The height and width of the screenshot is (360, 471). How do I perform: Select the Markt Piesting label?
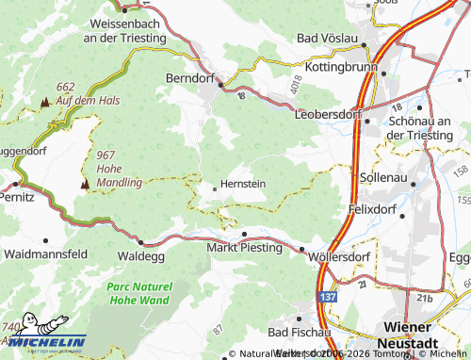click(x=244, y=248)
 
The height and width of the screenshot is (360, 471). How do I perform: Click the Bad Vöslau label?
click(x=326, y=38)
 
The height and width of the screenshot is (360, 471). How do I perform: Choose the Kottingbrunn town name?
click(x=340, y=69)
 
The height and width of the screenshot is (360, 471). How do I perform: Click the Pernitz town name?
click(x=17, y=197)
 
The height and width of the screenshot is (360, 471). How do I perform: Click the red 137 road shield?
click(x=324, y=297)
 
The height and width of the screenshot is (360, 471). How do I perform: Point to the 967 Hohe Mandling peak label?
click(x=119, y=168)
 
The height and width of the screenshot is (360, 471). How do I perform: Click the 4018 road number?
click(x=300, y=82)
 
